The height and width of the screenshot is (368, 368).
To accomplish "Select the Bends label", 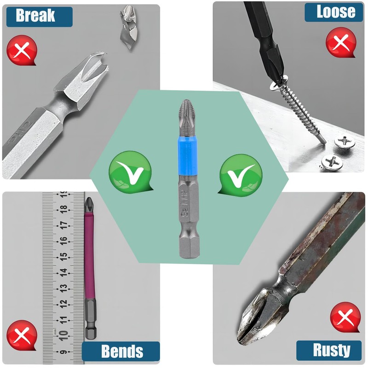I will tap(121, 351).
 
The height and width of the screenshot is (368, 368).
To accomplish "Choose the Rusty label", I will tap(330, 350).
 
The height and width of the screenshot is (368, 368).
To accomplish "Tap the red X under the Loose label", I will tap(340, 43).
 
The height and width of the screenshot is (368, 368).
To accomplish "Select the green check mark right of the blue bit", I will tap(240, 172).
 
